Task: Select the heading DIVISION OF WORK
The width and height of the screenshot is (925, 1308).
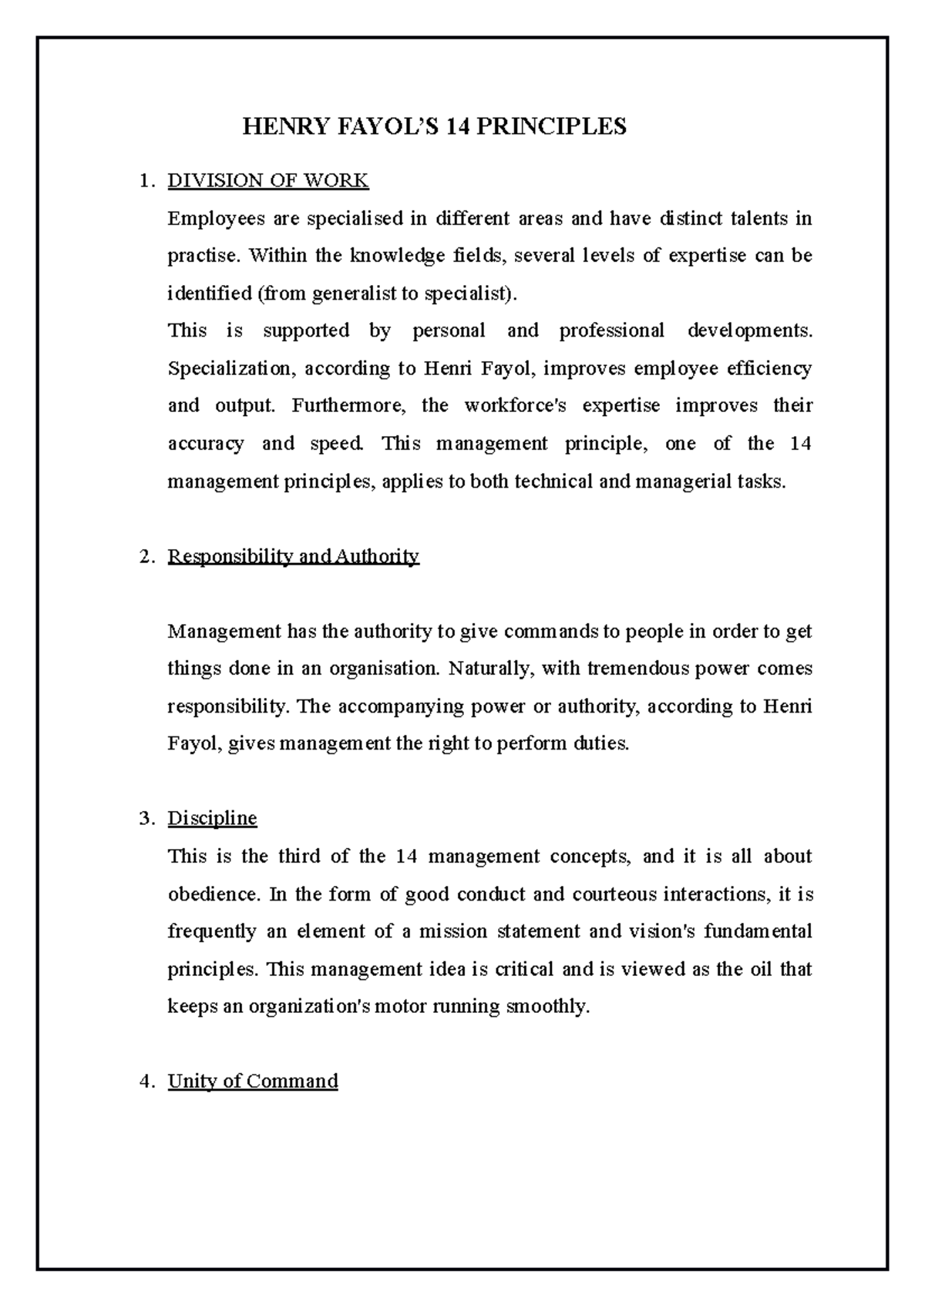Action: click(268, 181)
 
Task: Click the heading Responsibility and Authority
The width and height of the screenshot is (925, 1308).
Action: click(293, 556)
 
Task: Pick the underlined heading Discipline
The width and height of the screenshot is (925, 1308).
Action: click(212, 818)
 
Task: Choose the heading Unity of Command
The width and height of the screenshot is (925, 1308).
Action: click(253, 1081)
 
